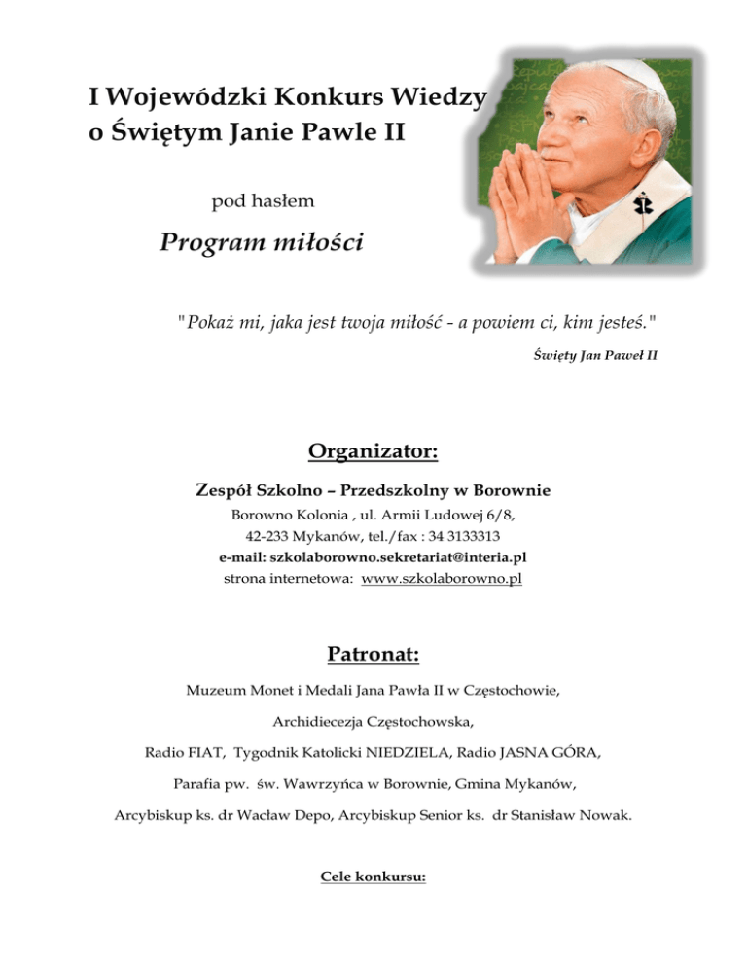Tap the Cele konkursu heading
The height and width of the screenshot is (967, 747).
coord(373,877)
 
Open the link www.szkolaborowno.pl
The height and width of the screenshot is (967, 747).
coord(442,579)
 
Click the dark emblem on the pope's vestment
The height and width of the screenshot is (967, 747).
coord(641,205)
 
